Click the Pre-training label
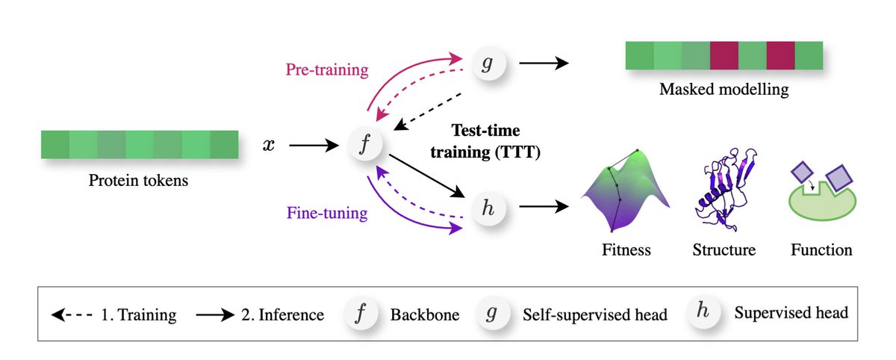point(327,70)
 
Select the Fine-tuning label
point(327,214)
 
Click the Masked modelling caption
point(724,91)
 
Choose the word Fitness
point(626,249)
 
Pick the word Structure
point(724,249)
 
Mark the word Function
point(821,249)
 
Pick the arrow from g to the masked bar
point(544,64)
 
